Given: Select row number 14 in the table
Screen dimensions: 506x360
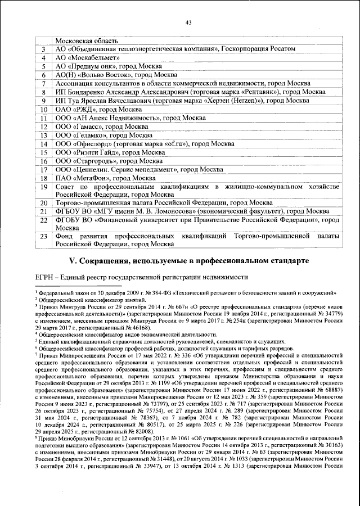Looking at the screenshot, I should pyautogui.click(x=43, y=143).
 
